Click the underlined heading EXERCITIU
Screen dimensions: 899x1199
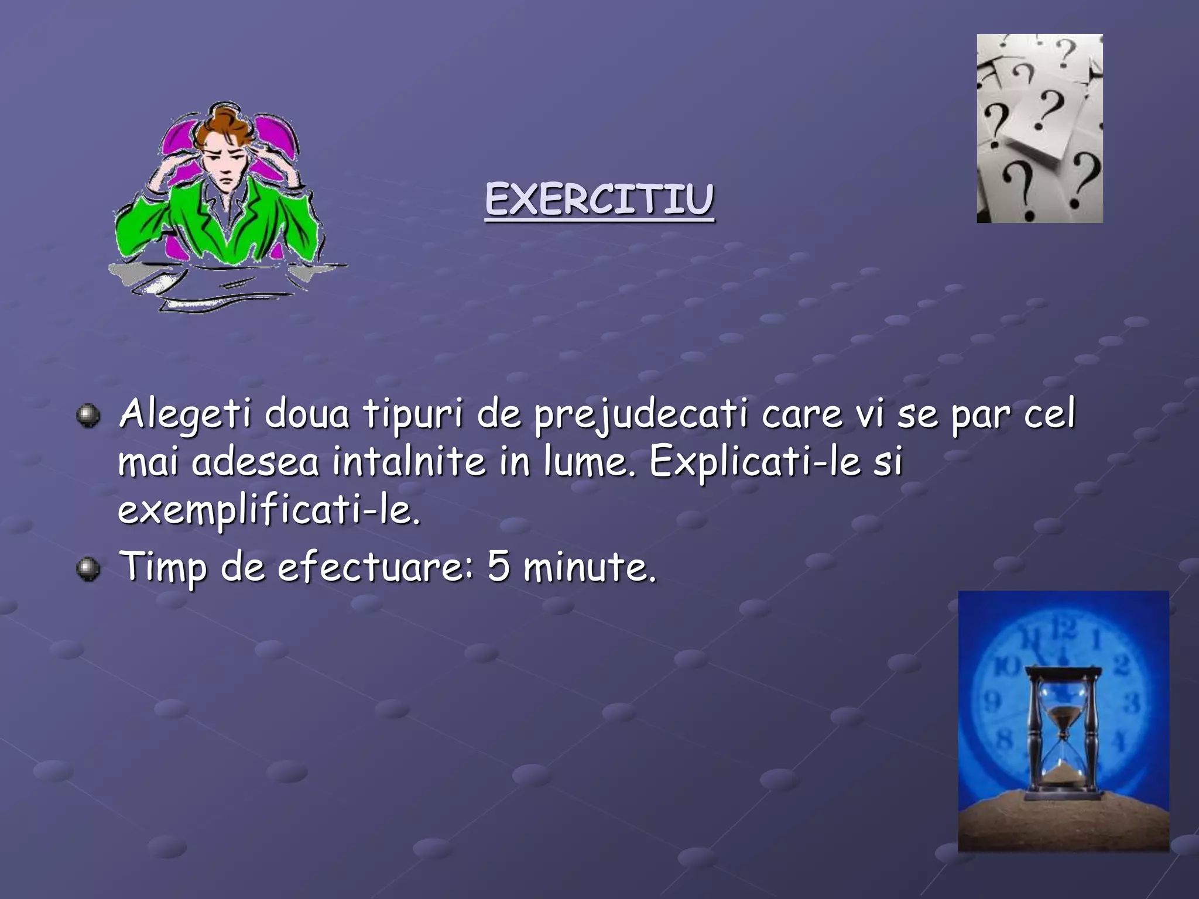[599, 200]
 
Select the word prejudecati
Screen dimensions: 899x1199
[640, 415]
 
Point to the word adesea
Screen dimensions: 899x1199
[255, 462]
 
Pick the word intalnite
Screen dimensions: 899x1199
[409, 462]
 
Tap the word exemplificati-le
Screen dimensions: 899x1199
[269, 510]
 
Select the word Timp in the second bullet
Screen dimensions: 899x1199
[163, 567]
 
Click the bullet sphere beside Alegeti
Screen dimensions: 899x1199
[88, 416]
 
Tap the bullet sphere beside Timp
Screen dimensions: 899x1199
[88, 568]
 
